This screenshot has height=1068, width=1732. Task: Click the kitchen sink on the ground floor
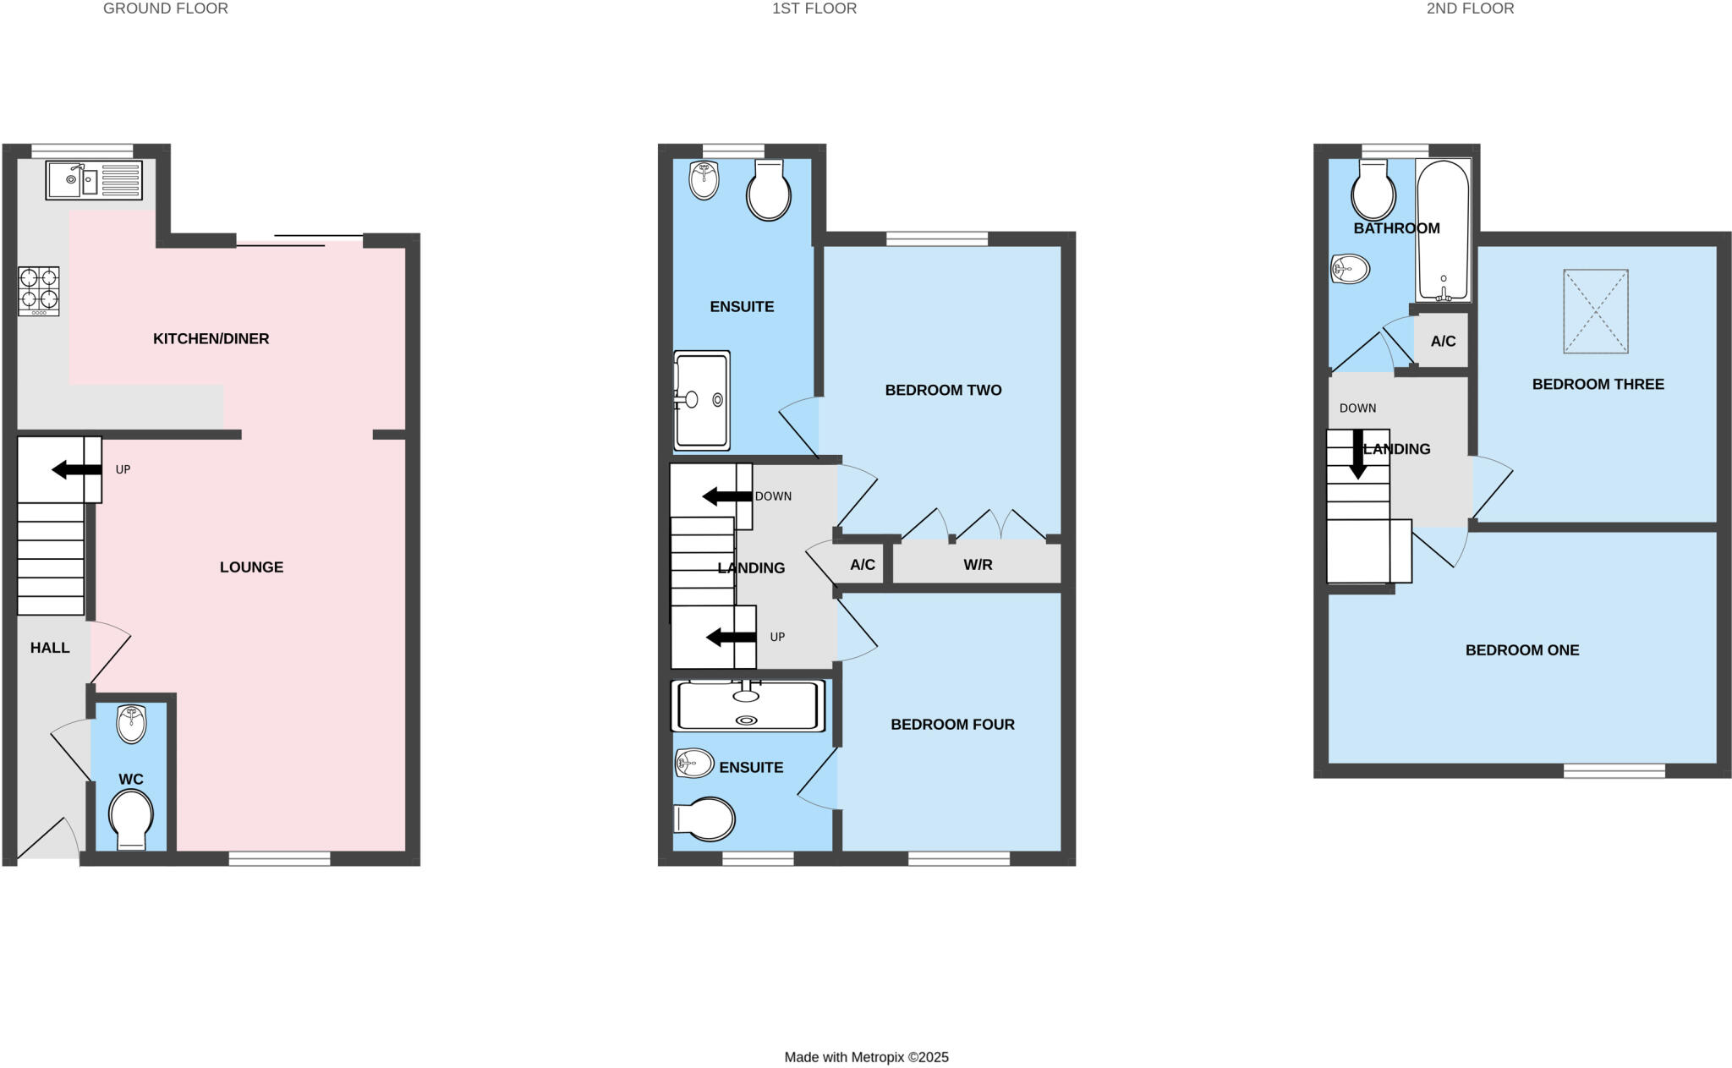click(94, 180)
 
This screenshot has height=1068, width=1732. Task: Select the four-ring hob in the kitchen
click(39, 291)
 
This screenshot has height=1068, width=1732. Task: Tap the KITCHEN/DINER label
click(211, 339)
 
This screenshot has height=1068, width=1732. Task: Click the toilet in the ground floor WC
click(131, 818)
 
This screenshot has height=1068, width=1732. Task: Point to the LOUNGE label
click(251, 567)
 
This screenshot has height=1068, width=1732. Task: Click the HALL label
click(50, 648)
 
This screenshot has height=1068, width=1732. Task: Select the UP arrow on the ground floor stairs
click(76, 469)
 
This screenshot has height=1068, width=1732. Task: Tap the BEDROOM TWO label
click(943, 391)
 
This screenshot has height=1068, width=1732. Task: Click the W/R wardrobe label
click(978, 565)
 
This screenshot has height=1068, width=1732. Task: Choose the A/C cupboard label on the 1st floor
click(862, 565)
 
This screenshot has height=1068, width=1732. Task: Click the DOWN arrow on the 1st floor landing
click(726, 496)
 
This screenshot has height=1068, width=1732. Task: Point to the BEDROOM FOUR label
click(952, 725)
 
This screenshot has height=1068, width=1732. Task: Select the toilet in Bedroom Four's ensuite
click(706, 819)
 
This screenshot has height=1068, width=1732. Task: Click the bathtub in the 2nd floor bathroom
click(1443, 230)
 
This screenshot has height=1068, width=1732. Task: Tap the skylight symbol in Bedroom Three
click(1595, 311)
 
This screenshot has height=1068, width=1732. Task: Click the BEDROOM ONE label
click(1521, 650)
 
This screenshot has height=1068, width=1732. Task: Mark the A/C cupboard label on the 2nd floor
click(1443, 342)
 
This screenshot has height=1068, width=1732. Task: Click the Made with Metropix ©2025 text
click(866, 1057)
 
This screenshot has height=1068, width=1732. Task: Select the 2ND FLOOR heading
click(1470, 8)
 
